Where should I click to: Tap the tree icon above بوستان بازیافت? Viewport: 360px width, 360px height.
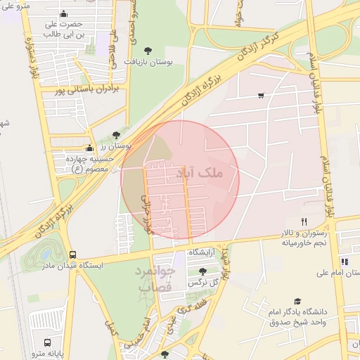click(x=148, y=50)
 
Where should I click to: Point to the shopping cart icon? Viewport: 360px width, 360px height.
click(x=262, y=96)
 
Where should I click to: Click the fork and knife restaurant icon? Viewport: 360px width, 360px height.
click(x=304, y=221)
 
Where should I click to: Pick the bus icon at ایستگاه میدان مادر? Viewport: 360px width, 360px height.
click(x=73, y=255)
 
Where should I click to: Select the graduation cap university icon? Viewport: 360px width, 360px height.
click(x=297, y=300)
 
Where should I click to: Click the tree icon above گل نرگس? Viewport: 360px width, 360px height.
click(x=202, y=271)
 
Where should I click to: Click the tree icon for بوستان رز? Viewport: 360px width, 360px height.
click(x=116, y=135)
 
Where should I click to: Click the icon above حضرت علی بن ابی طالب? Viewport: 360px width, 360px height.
click(x=65, y=14)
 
